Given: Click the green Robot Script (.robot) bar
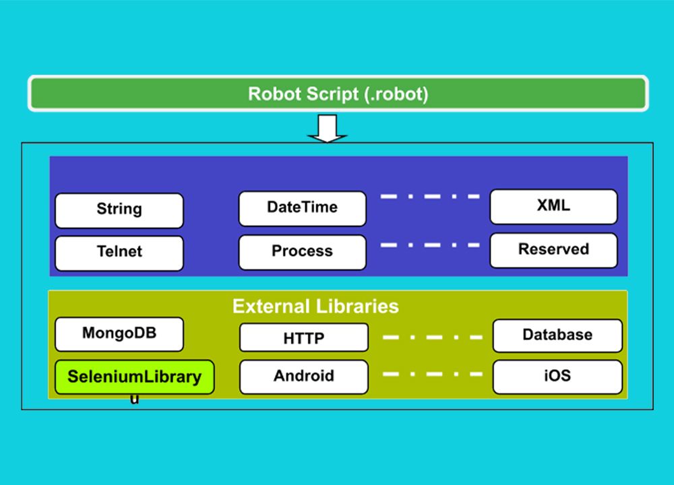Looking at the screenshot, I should point(338,94).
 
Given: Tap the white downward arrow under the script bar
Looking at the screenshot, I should point(327,129).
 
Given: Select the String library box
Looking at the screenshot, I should point(119,210).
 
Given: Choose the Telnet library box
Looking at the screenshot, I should point(119,253).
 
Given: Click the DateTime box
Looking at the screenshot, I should point(302,208).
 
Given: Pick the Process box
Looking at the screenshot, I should point(302,252).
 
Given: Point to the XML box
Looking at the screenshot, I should point(553,206).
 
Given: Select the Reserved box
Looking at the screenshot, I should point(553,250).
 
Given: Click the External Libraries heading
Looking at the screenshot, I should point(315,306).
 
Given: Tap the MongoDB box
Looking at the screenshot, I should point(119,334).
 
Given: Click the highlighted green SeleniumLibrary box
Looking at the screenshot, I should point(134,377).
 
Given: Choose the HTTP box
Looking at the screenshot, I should point(303,338).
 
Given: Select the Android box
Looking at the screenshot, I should point(303,377).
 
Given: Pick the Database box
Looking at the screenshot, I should point(557,335).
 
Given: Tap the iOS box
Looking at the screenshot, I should point(557,377).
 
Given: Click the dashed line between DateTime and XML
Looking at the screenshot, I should point(429,197).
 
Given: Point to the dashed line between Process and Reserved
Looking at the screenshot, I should point(429,245).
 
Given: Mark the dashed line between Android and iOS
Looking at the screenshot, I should point(432,374).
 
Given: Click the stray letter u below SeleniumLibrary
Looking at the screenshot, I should point(135,399).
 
